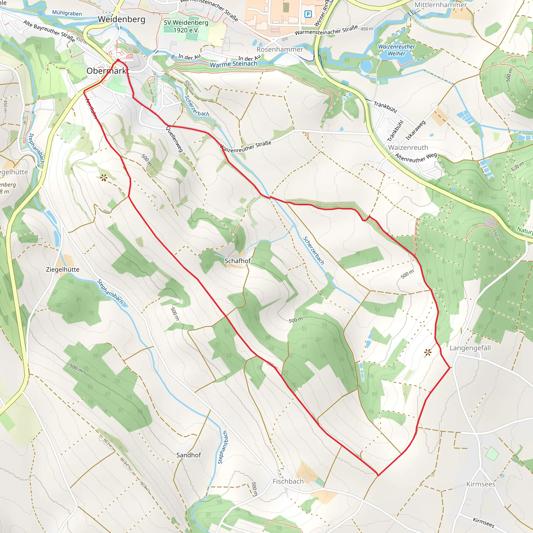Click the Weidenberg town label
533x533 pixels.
pos(121,19)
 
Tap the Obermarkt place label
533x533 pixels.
pos(107,71)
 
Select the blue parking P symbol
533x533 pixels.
pos(308,14)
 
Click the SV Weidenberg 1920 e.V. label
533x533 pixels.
pos(186,26)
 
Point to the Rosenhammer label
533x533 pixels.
pos(280,49)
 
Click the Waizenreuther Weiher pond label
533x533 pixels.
pos(396,50)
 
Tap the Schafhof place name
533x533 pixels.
pos(238,261)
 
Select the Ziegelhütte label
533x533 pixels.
pos(63,270)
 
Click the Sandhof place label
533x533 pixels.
pos(189,455)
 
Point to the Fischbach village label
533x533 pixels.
pos(288,481)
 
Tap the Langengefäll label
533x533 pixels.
pos(470,348)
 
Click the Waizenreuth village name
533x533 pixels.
pos(408,147)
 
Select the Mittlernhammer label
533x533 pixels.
pos(441,5)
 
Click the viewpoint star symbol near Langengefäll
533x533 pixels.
pos(428,352)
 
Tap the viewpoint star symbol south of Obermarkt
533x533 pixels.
pos(104,178)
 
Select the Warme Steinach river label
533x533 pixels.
pos(233,64)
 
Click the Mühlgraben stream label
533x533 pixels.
pos(67,13)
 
